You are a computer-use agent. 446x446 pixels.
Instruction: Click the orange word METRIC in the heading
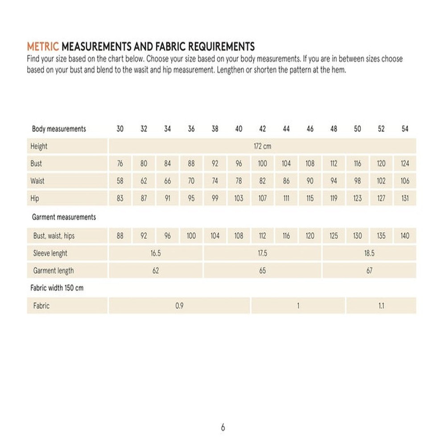[43, 46]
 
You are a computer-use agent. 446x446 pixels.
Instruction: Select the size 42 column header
[262, 129]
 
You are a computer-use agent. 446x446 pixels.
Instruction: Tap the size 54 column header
[405, 129]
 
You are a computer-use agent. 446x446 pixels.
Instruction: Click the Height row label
[39, 146]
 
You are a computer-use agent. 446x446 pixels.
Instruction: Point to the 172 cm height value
[262, 146]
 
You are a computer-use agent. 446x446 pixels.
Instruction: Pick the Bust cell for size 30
[120, 164]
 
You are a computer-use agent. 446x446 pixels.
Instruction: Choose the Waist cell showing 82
[262, 181]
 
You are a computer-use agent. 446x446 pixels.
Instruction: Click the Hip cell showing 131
[405, 198]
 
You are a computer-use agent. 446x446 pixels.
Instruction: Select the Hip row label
[35, 198]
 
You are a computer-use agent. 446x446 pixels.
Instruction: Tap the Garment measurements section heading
[64, 217]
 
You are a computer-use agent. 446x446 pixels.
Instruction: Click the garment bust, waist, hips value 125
[334, 235]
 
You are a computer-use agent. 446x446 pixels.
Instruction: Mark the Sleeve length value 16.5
[156, 253]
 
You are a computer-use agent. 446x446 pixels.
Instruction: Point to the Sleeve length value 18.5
[369, 253]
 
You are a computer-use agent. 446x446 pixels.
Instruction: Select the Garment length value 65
[262, 271]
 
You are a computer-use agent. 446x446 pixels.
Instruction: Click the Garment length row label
[54, 271]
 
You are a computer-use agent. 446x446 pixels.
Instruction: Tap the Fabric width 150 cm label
[57, 288]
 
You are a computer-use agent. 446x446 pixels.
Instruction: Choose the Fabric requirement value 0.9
[179, 306]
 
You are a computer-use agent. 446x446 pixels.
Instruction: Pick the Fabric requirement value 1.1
[381, 306]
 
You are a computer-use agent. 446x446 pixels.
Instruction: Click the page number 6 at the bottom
[223, 427]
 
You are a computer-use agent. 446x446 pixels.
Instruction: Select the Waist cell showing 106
[405, 181]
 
